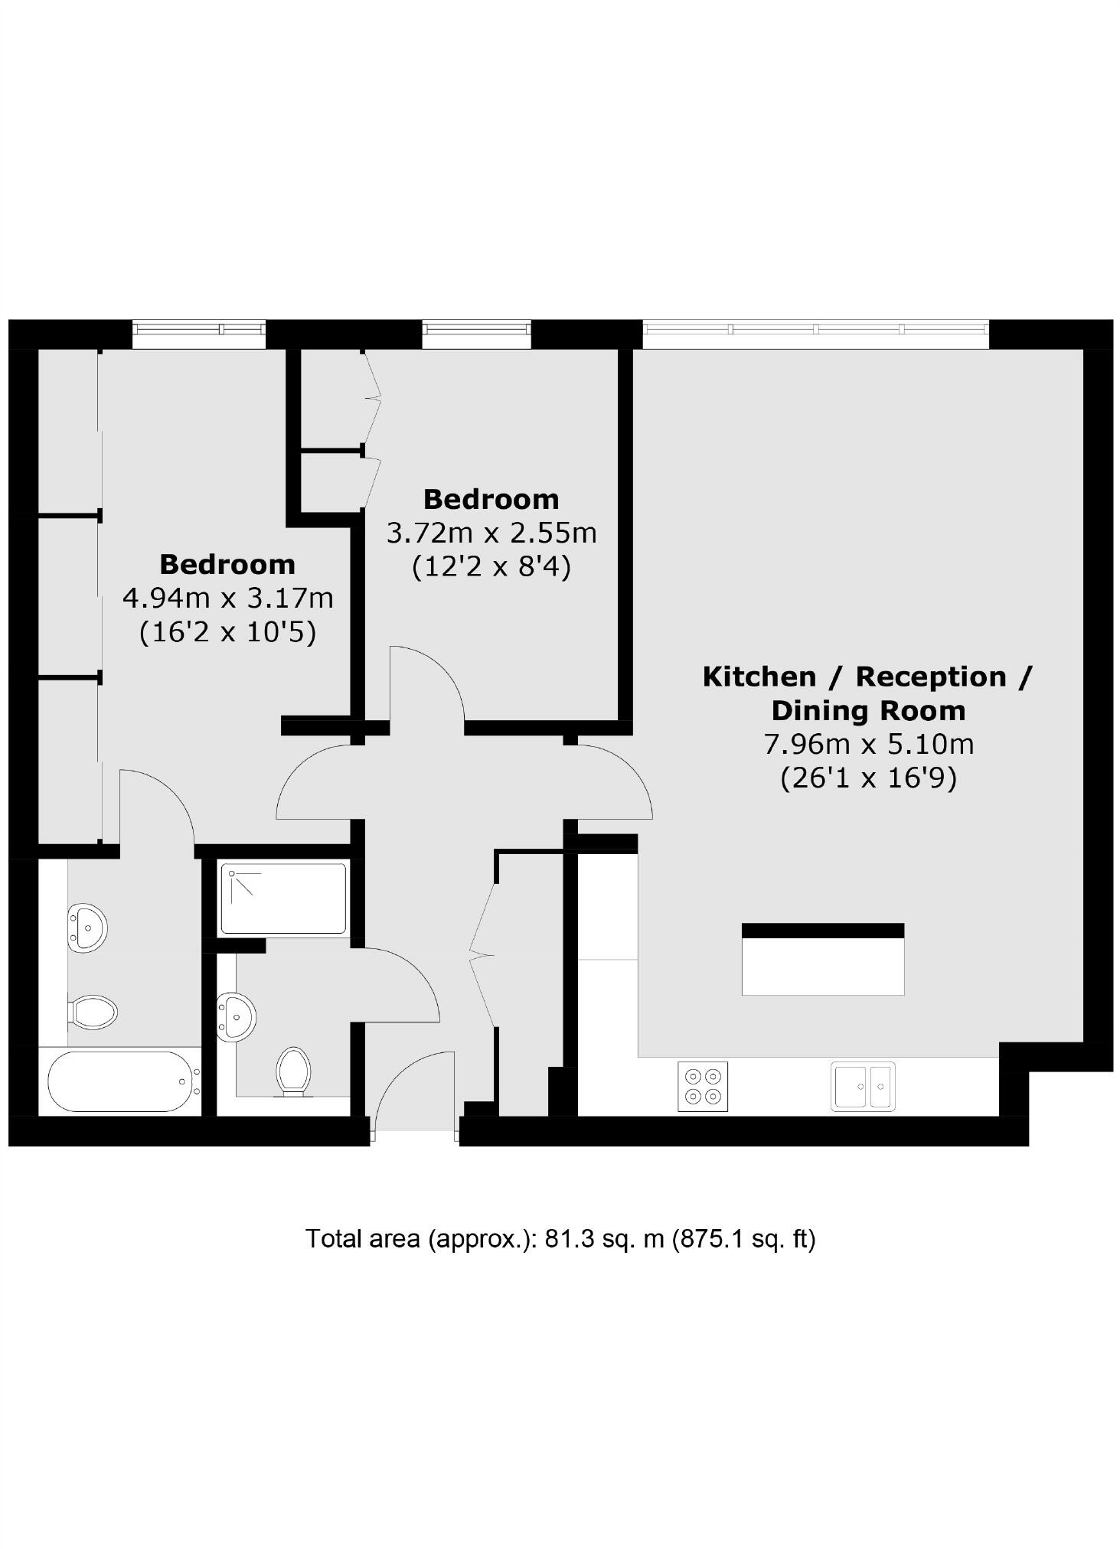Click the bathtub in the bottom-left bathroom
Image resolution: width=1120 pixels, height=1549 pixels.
[119, 1081]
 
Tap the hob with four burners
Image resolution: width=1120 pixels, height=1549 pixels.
[703, 1086]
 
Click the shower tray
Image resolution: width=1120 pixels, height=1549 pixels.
[283, 898]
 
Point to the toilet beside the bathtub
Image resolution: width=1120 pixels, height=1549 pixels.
[93, 1012]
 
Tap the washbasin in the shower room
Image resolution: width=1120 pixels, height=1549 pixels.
[237, 1017]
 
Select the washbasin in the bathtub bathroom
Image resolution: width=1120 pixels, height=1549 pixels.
[88, 928]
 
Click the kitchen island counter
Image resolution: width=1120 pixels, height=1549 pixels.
[823, 959]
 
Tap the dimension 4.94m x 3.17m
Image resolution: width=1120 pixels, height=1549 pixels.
[228, 598]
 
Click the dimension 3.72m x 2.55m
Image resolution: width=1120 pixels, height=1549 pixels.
[491, 533]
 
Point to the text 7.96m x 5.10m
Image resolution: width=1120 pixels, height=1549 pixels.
[869, 744]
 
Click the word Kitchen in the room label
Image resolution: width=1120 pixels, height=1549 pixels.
[759, 677]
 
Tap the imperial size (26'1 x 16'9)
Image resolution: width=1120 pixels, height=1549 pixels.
[869, 778]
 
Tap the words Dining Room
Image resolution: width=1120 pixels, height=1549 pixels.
[869, 710]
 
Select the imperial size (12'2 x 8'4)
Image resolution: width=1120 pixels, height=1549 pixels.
[491, 567]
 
